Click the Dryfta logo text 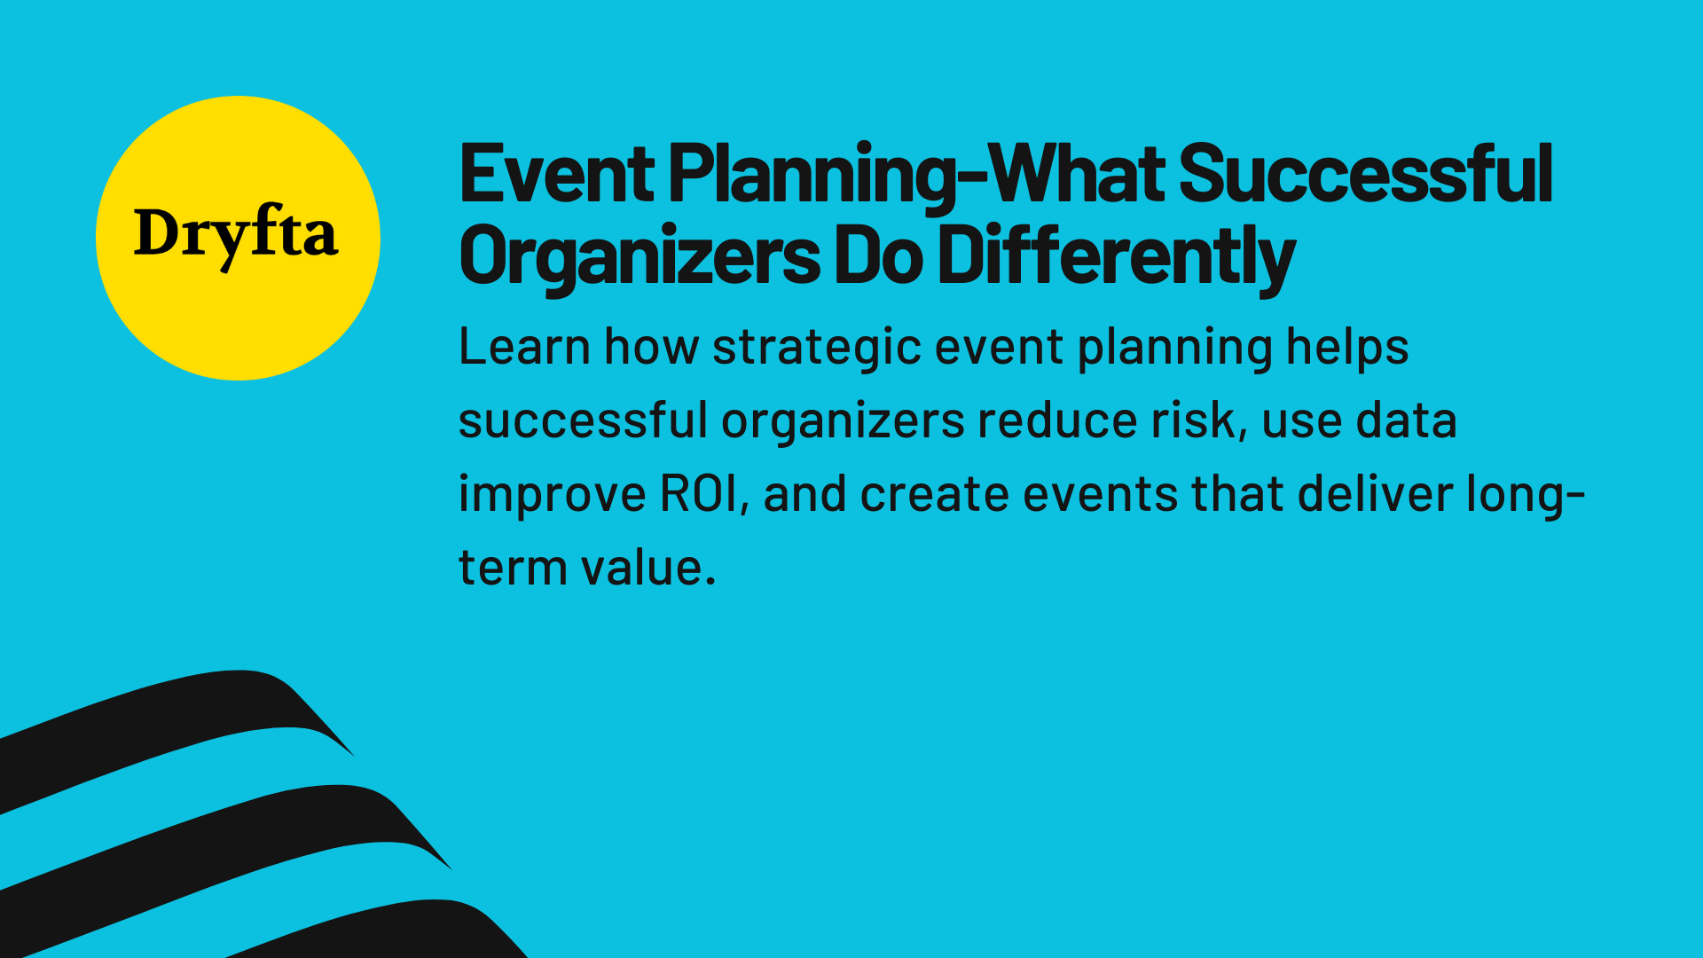(236, 234)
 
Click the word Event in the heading (557, 175)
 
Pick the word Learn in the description (524, 347)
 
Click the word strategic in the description (816, 347)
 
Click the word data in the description (1406, 420)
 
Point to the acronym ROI (699, 494)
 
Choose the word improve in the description (552, 494)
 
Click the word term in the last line (512, 568)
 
